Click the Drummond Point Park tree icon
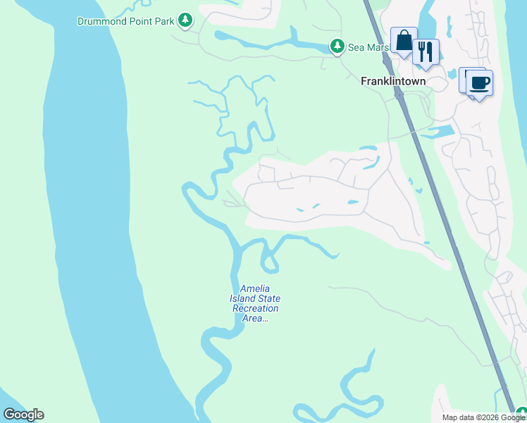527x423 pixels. (x=185, y=20)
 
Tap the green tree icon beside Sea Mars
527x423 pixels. (x=337, y=47)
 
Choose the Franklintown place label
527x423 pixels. (x=393, y=81)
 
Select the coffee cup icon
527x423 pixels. (x=480, y=83)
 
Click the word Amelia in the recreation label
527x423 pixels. (x=255, y=289)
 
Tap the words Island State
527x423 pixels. (x=255, y=299)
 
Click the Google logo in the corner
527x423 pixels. (x=23, y=415)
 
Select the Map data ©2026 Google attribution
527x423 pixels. (x=483, y=417)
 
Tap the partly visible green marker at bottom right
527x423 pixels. (x=521, y=413)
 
